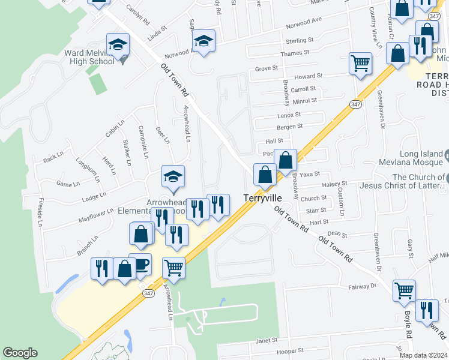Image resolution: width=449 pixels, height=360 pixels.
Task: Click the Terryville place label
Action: coord(262,197)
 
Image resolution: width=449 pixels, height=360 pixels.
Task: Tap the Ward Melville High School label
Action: coord(89,57)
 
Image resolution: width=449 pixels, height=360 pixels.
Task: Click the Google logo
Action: coord(20,353)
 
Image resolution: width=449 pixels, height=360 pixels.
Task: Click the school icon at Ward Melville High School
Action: coord(118,44)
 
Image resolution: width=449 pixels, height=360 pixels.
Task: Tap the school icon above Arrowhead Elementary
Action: coord(173,176)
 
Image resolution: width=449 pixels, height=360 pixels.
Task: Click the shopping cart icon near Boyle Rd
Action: coord(404,290)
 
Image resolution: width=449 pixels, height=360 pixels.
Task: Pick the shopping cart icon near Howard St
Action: coord(360,63)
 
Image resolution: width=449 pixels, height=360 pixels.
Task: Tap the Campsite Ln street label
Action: coord(143,142)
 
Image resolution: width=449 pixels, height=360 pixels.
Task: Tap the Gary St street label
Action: coord(410,246)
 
